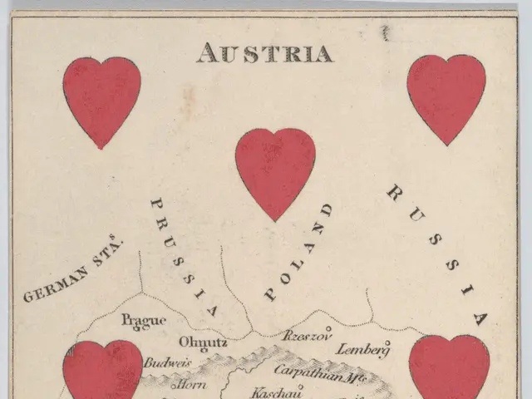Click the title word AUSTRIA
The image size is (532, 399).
click(264, 53)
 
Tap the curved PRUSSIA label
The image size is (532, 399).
click(185, 258)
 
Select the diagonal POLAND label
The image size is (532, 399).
click(298, 251)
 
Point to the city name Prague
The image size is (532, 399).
click(144, 320)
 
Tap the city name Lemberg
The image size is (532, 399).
click(363, 349)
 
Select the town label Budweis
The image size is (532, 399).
click(167, 363)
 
